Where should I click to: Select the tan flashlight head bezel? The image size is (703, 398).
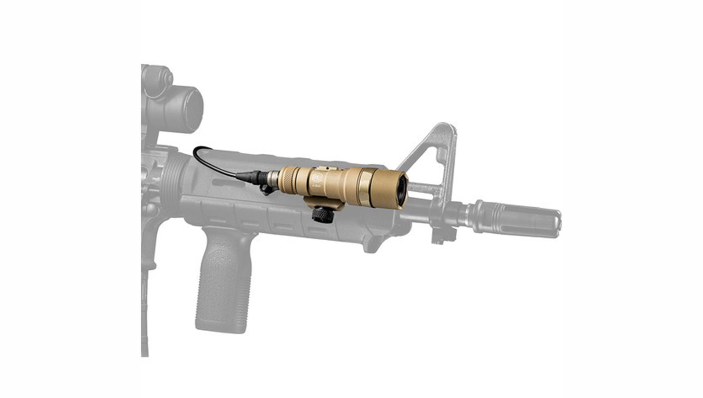(x=387, y=188)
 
